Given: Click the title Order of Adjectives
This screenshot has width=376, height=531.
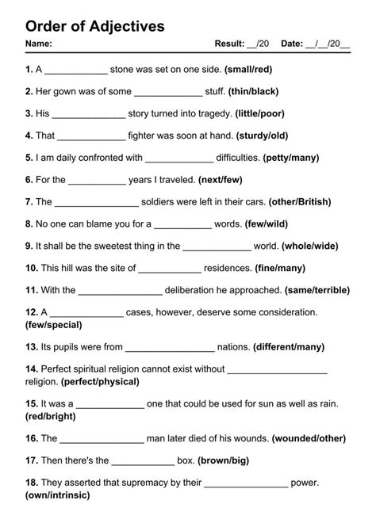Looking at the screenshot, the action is pos(95,26).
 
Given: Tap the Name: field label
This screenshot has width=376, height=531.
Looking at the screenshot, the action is pos(39,44).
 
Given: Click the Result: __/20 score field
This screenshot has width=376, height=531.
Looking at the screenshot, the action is pos(242,44).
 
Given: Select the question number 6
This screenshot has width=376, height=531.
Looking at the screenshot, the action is pos(29,180).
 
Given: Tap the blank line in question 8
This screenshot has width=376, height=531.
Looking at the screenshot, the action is pos(182,224).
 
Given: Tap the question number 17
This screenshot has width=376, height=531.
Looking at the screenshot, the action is pos(32,460).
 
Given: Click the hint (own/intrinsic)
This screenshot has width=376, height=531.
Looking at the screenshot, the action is pos(57,495).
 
